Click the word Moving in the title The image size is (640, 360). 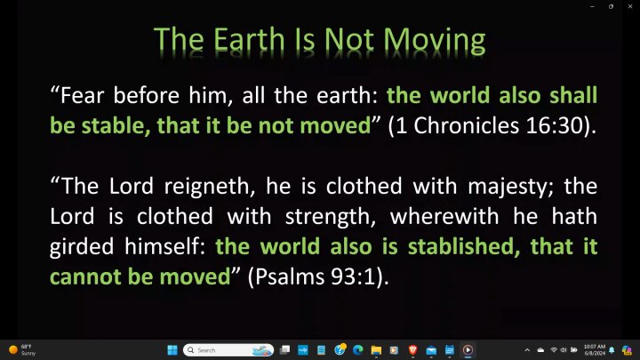tap(435, 41)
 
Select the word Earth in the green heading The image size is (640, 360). tap(249, 40)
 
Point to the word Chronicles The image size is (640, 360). tap(466, 125)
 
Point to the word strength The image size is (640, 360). tap(330, 217)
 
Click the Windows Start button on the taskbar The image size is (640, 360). tap(172, 350)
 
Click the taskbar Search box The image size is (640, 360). tap(228, 350)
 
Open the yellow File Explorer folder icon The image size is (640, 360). tap(376, 350)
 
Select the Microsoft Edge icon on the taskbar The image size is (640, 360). tap(358, 350)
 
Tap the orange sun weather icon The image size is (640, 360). tap(13, 350)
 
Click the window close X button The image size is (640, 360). tap(630, 6)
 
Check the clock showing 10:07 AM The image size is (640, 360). tap(595, 347)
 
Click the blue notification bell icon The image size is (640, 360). tap(612, 350)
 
